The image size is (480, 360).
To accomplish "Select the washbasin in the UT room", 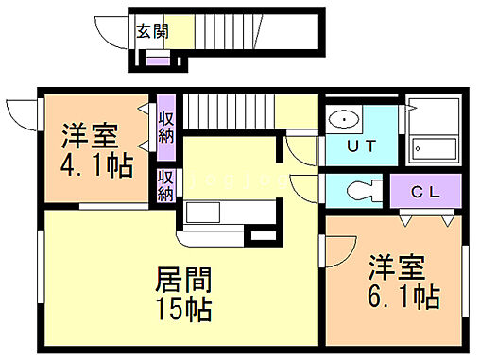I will (344, 119).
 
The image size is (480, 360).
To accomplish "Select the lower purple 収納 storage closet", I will (166, 185).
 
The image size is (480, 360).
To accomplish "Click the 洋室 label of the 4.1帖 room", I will (91, 134).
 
